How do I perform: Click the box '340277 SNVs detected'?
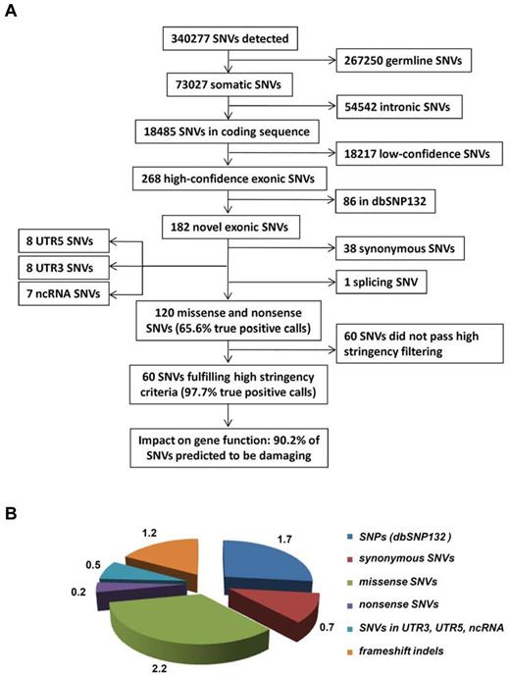click(x=230, y=40)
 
